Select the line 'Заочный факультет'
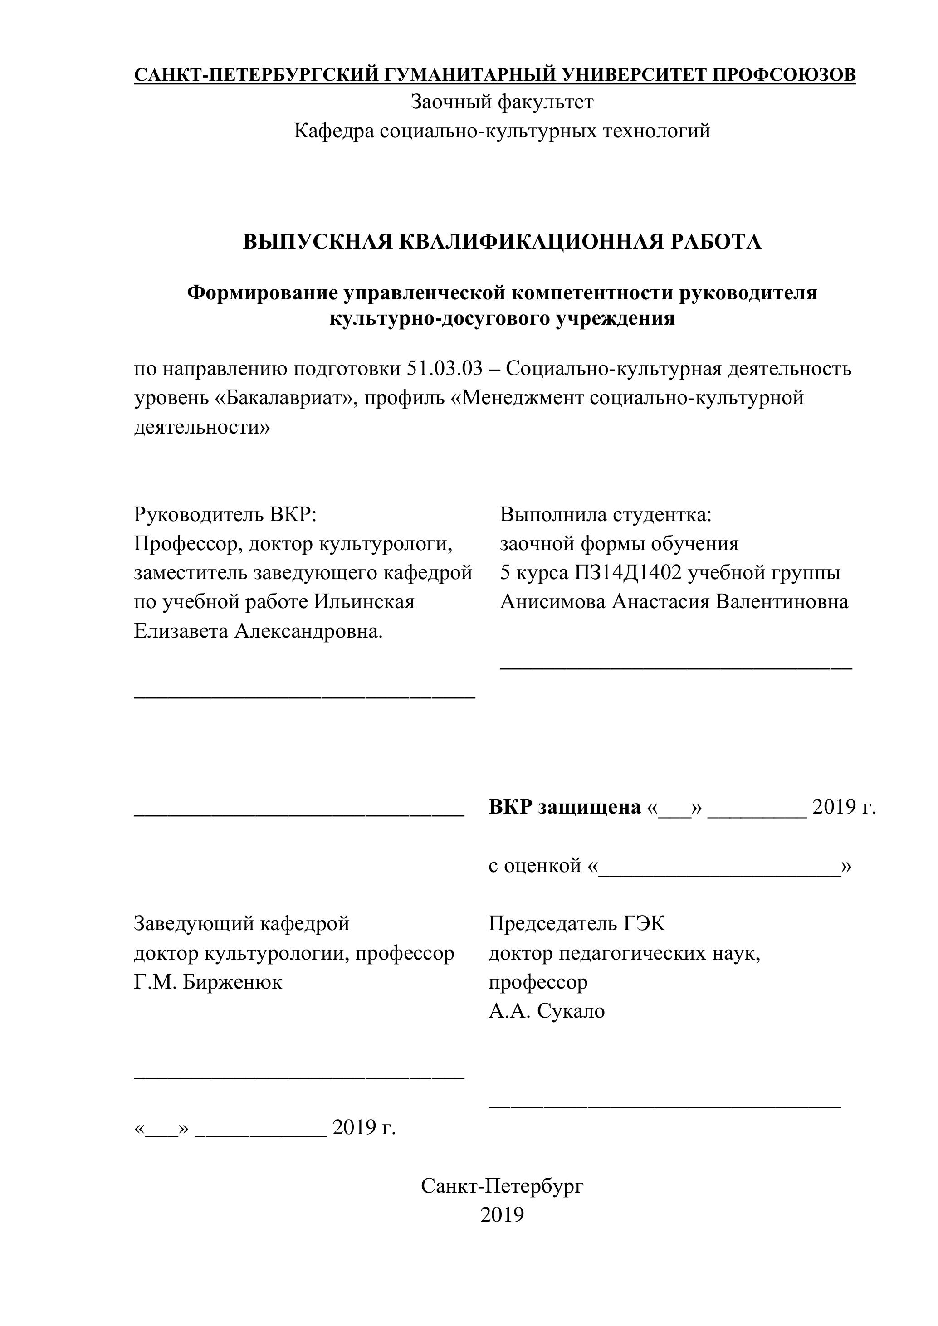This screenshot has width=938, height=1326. [502, 102]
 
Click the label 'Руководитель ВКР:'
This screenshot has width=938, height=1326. [225, 514]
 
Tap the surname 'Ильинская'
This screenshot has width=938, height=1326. [364, 602]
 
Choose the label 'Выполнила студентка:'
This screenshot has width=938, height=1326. [606, 514]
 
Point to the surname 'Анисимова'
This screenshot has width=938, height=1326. [553, 602]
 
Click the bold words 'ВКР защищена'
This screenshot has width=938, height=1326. [564, 807]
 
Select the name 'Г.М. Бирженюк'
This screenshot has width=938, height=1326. [208, 982]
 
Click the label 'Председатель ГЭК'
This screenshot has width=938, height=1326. [576, 923]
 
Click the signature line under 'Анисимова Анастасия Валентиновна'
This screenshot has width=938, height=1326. [676, 668]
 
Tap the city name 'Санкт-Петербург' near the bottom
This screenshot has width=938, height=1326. [502, 1186]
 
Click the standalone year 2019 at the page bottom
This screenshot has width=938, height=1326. [502, 1215]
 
